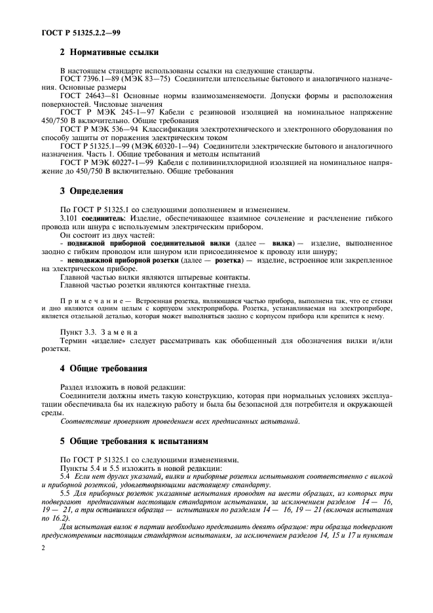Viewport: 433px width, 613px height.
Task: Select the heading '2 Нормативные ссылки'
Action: [x=109, y=52]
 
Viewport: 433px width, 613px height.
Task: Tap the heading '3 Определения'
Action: [x=92, y=192]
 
